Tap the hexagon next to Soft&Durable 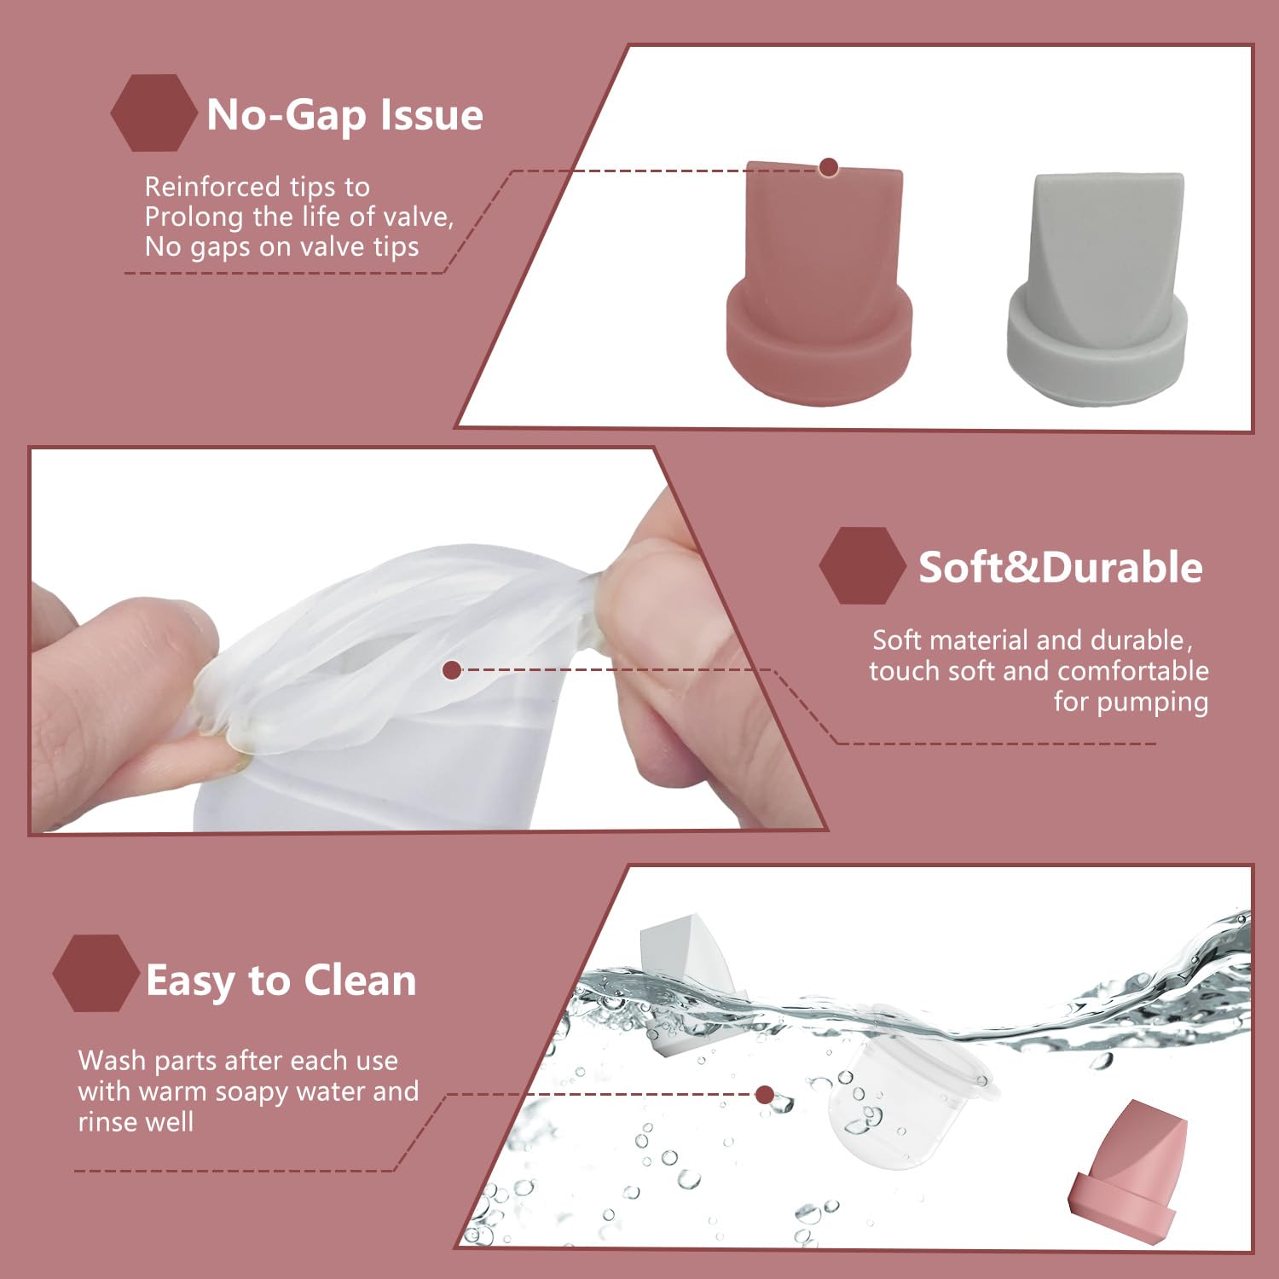click(x=862, y=566)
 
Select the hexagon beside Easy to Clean click(x=95, y=973)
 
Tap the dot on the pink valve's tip click(x=828, y=167)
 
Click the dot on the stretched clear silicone click(x=453, y=670)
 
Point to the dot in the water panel click(x=765, y=1095)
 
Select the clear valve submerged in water click(x=904, y=1100)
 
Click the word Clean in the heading click(x=360, y=981)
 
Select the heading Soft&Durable click(x=1060, y=568)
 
